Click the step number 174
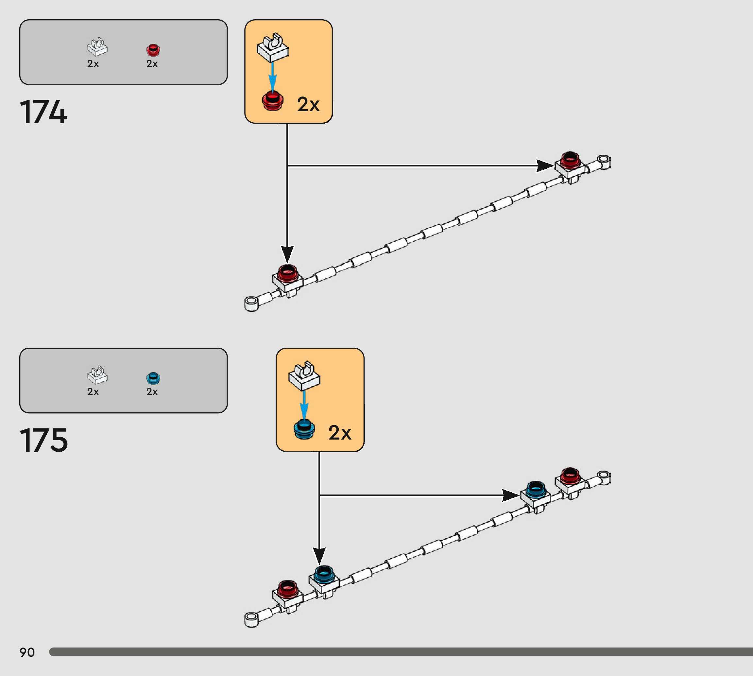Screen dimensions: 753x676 point(43,112)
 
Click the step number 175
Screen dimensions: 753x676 point(44,440)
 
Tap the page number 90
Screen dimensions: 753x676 point(27,652)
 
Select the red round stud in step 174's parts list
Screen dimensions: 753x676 point(153,50)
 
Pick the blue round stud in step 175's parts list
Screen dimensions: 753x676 point(153,378)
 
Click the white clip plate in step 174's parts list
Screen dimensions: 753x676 point(97,47)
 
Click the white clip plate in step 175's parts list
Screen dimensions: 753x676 point(97,375)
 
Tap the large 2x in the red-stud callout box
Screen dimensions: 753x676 point(308,104)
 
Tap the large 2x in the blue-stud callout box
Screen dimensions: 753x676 point(339,433)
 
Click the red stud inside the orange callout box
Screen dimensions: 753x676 point(273,101)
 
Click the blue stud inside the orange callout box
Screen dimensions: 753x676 point(304,430)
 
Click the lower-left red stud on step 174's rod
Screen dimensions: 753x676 point(288,273)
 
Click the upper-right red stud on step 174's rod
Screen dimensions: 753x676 point(570,160)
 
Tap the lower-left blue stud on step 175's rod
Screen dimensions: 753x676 point(324,574)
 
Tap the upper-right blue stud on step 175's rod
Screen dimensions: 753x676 point(536,490)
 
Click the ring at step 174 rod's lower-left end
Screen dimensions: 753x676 point(251,303)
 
